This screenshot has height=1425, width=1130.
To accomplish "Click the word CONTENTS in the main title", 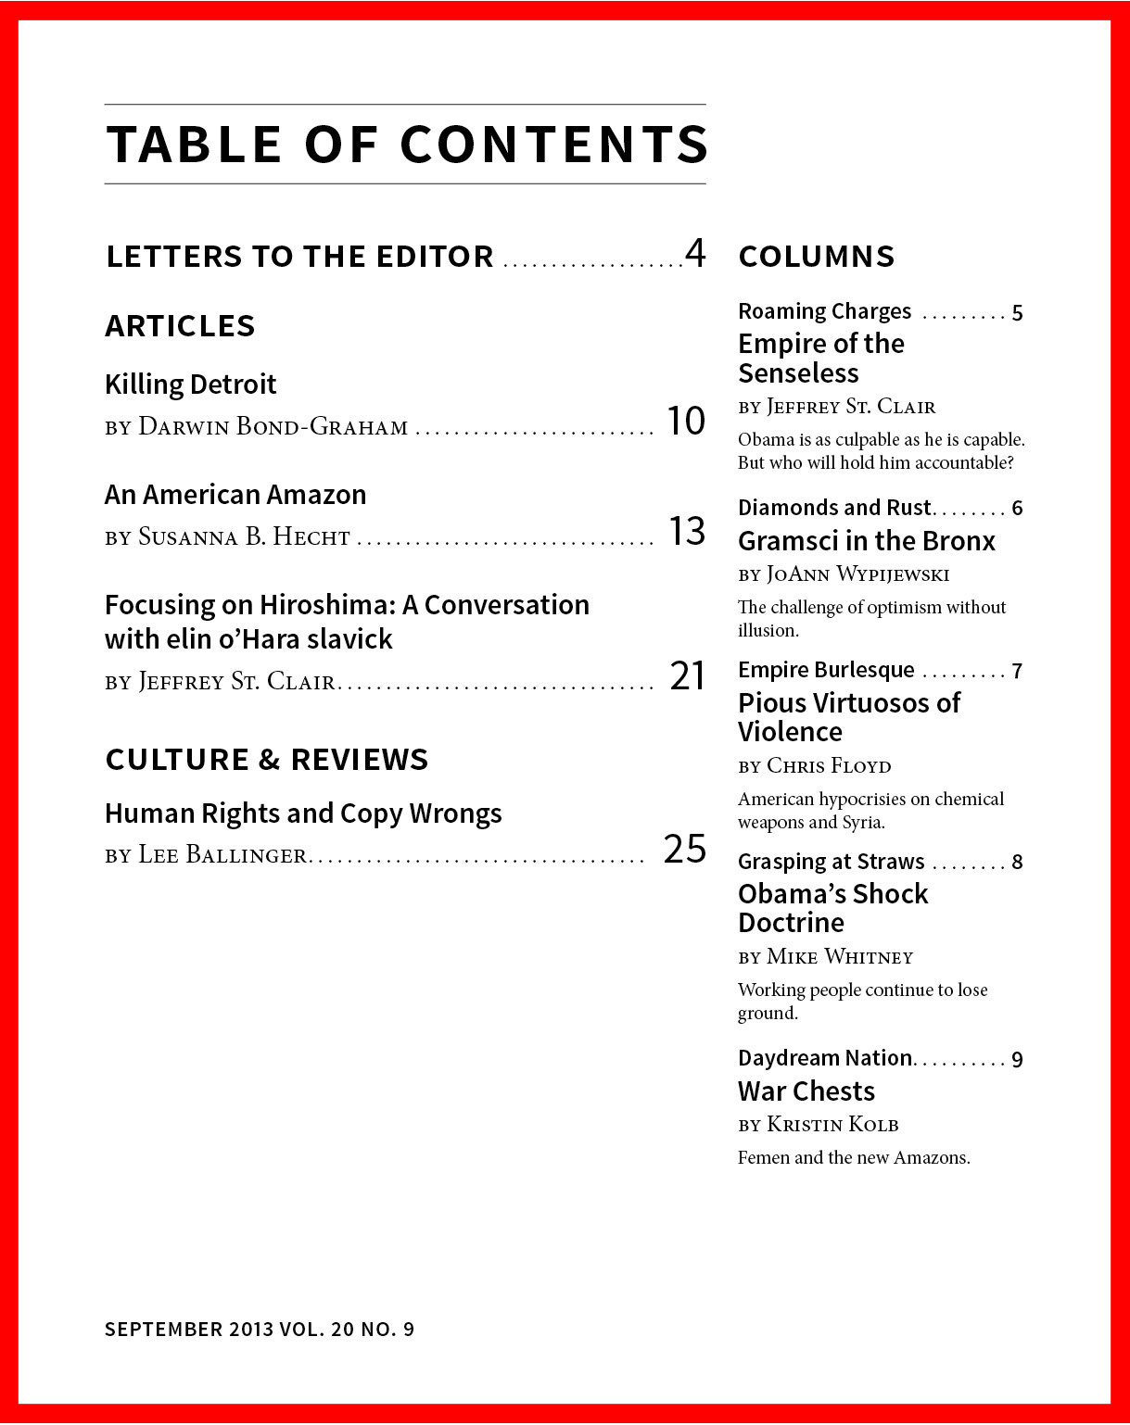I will click(x=553, y=145).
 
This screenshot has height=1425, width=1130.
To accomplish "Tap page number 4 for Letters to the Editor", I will click(x=695, y=253).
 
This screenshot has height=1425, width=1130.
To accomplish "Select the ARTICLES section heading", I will click(x=180, y=326).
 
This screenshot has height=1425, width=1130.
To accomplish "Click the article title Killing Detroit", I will click(x=190, y=385).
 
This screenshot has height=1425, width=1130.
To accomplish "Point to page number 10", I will click(x=686, y=422).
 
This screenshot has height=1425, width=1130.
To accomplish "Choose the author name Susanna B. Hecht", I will click(x=244, y=537).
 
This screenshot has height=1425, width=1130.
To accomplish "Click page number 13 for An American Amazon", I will click(x=687, y=532).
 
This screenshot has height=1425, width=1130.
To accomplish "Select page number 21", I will click(x=688, y=676).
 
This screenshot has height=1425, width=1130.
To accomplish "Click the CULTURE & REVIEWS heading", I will click(x=267, y=760).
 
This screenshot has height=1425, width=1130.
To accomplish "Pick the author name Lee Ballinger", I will click(x=222, y=855).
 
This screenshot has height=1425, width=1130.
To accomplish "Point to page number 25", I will click(x=685, y=849).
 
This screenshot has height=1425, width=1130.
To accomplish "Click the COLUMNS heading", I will click(x=817, y=257).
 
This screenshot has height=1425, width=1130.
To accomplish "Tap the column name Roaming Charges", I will click(x=824, y=311).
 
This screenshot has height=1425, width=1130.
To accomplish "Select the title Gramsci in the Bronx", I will click(x=866, y=541).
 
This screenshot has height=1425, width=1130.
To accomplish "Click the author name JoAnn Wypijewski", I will click(x=857, y=574).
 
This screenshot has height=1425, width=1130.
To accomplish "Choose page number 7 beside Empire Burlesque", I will click(x=1017, y=672).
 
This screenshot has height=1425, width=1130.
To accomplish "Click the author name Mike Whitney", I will click(x=840, y=957).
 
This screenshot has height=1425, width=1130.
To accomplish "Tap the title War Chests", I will click(x=806, y=1091).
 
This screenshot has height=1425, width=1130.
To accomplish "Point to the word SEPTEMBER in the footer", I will click(x=163, y=1330).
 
